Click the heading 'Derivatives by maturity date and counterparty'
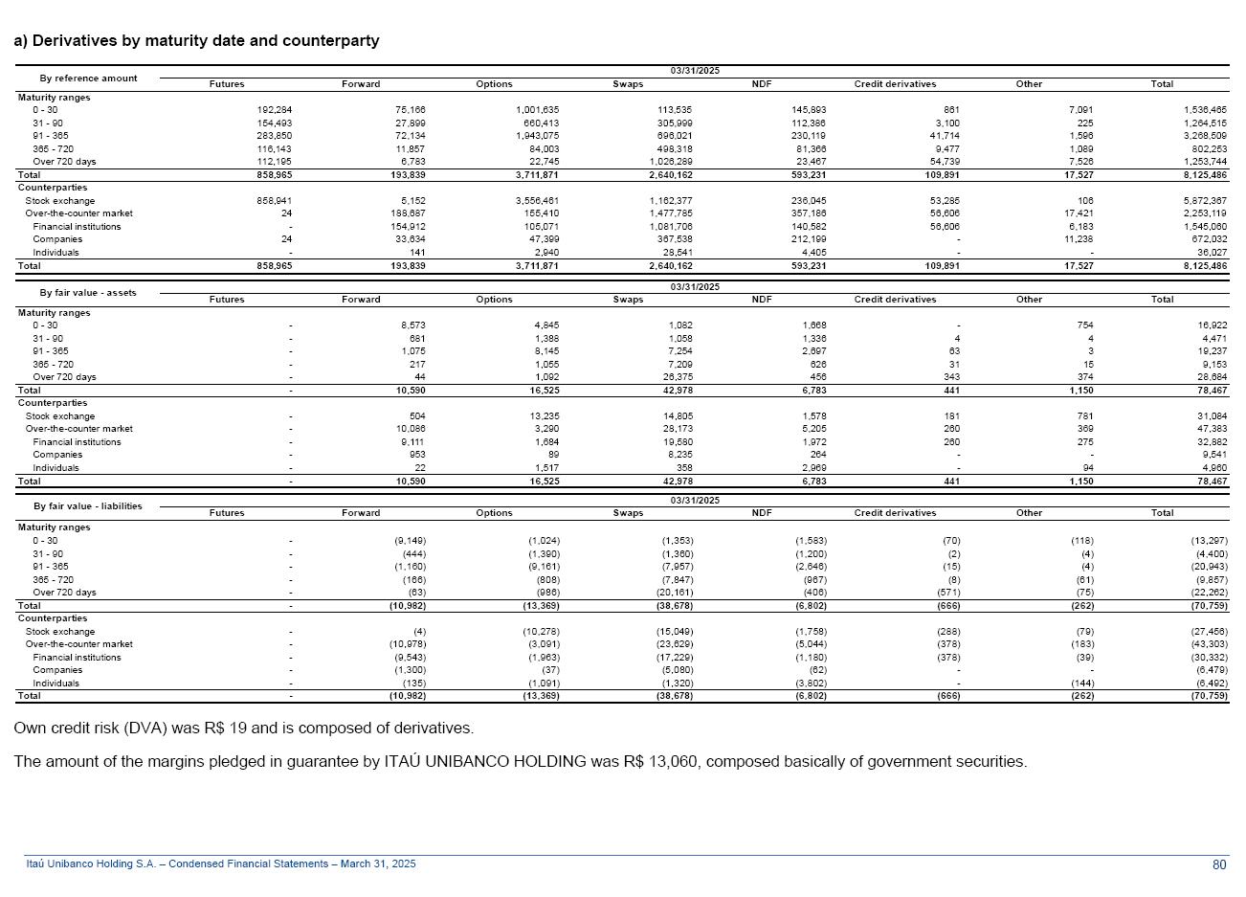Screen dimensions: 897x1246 click(x=205, y=41)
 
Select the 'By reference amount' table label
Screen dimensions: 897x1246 click(x=88, y=78)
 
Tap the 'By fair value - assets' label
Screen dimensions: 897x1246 click(x=88, y=293)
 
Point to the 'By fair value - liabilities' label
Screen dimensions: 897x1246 click(x=88, y=506)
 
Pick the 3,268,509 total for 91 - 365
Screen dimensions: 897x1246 click(x=1204, y=136)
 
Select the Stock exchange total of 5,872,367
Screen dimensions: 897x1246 click(x=1204, y=201)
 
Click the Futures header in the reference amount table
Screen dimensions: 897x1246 click(x=227, y=84)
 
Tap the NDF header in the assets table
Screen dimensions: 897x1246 click(x=762, y=300)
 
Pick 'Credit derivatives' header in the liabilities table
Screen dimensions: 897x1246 click(x=895, y=513)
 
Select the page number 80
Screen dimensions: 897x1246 click(x=1219, y=865)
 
